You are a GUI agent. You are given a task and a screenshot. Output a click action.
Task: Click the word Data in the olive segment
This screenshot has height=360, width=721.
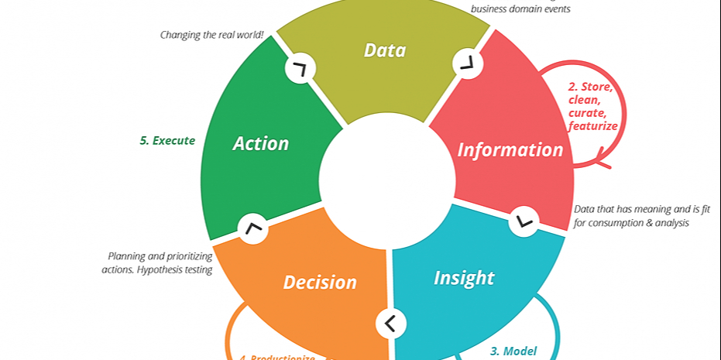pos(385,50)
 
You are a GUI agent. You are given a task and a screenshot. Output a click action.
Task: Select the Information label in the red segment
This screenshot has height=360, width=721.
pos(510,149)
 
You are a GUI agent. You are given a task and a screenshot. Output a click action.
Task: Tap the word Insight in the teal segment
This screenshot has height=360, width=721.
pos(464,277)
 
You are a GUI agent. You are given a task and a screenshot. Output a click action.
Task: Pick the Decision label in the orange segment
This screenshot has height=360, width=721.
pos(320,283)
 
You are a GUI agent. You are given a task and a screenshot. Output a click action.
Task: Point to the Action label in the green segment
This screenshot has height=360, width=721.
pos(261,143)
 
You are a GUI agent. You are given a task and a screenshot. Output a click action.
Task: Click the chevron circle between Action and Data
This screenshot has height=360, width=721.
pos(300,69)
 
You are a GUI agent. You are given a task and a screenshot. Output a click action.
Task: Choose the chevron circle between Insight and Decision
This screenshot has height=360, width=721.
pos(390,323)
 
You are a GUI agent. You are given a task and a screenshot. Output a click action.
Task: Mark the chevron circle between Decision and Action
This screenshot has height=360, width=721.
pos(252,229)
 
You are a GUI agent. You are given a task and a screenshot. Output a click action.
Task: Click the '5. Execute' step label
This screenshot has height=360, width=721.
pos(167,140)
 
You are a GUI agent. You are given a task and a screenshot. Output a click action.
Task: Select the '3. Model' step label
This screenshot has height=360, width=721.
pos(513,351)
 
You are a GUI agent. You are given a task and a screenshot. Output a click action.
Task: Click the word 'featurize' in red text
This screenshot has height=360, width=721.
pos(592,125)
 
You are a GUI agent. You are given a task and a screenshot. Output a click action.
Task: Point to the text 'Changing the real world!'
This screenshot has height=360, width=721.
pos(212,34)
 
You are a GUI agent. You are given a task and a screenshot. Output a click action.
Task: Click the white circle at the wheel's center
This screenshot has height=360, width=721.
pos(386,180)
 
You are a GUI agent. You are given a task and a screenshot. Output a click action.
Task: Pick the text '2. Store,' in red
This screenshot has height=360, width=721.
pos(590,86)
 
